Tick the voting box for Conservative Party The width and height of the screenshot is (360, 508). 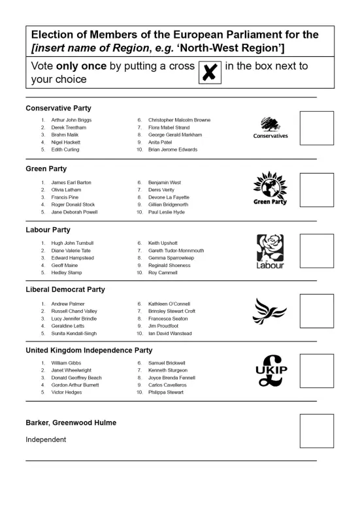(x=316, y=129)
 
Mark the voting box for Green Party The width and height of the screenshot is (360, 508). (x=316, y=190)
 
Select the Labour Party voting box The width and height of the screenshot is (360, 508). (x=316, y=251)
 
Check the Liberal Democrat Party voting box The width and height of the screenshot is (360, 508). (x=316, y=311)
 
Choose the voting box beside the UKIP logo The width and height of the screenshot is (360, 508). (x=316, y=371)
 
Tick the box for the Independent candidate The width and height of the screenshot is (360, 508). (x=316, y=431)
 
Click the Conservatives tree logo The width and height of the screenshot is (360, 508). (x=270, y=128)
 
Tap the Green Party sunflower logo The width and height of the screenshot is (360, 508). (x=270, y=189)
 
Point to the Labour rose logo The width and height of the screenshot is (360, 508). (x=270, y=251)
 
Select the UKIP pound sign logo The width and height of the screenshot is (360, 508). (x=271, y=370)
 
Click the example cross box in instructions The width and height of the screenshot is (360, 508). (x=209, y=72)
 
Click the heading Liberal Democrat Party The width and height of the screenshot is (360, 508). (x=65, y=289)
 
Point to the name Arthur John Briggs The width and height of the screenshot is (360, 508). (x=71, y=120)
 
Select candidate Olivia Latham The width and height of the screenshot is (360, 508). (x=66, y=190)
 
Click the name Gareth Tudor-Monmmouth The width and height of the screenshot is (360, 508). (x=176, y=251)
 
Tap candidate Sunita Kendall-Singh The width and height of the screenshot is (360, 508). (x=74, y=334)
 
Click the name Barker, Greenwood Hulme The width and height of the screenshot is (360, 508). (x=71, y=422)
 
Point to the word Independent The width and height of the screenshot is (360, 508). (x=46, y=439)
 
